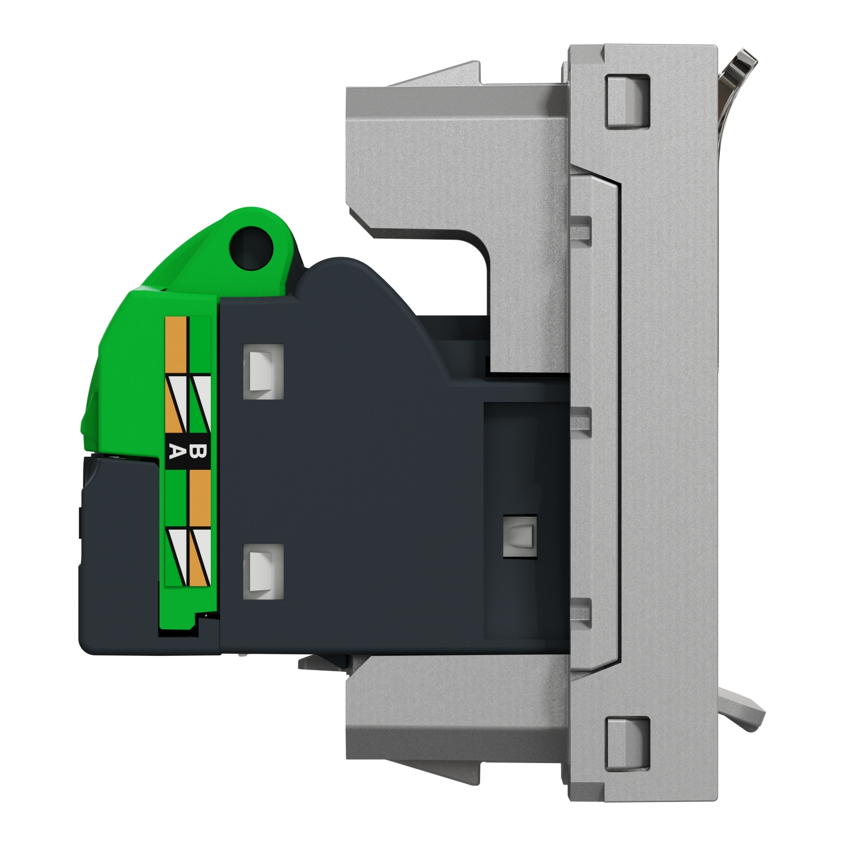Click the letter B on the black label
click(199, 451)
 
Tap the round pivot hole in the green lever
click(251, 246)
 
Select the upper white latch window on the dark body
click(263, 372)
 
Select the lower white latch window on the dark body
click(263, 571)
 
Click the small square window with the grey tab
click(519, 535)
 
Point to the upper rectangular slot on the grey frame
click(627, 100)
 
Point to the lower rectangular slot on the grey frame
click(627, 743)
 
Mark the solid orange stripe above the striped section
click(175, 345)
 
